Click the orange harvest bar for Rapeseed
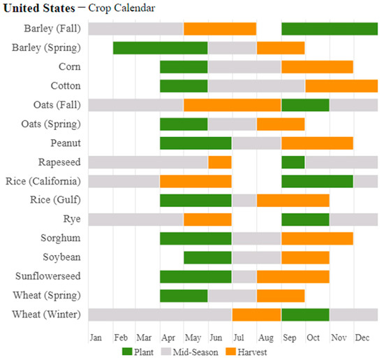219,162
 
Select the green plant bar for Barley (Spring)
160,48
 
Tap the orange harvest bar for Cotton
341,86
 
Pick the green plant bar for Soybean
207,257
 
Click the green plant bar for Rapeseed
293,162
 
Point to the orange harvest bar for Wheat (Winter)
256,314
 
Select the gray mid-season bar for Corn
244,67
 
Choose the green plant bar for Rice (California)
317,181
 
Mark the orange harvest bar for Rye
207,219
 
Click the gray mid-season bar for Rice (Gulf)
244,200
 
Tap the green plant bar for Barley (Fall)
330,29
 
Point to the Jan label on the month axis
96,338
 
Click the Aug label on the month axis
265,338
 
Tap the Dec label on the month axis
362,338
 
